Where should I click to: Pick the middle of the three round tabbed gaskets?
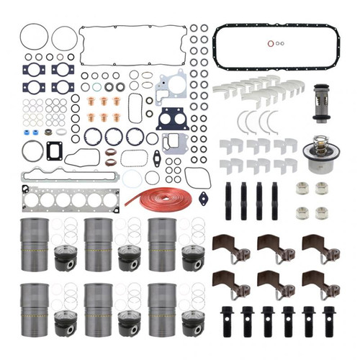tap(114, 135)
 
